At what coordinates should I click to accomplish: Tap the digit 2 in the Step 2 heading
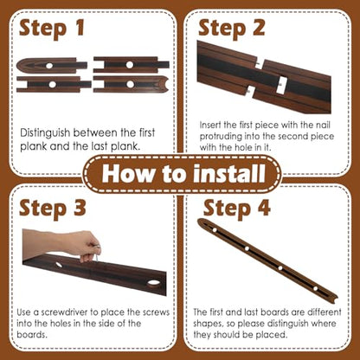[x=258, y=28]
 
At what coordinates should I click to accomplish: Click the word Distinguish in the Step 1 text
[x=45, y=133]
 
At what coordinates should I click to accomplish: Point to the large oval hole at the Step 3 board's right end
[x=153, y=283]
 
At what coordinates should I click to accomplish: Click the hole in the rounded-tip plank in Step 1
[x=49, y=66]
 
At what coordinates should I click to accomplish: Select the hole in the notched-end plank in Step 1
[x=131, y=85]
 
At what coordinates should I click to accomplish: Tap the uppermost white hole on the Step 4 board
[x=215, y=230]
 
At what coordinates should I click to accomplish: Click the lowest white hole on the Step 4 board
[x=315, y=288]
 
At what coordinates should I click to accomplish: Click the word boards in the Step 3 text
[x=32, y=335]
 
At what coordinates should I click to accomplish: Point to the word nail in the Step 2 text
[x=323, y=125]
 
